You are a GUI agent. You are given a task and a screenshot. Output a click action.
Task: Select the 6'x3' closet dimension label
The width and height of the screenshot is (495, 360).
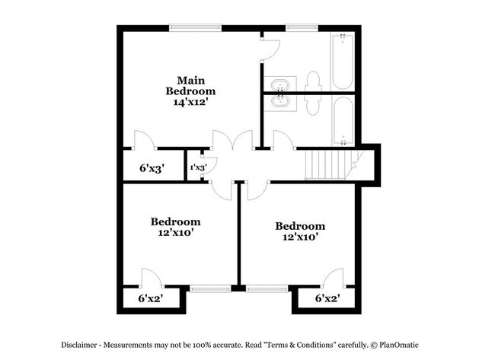(152, 167)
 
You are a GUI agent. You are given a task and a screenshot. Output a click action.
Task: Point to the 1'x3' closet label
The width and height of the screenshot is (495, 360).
(197, 167)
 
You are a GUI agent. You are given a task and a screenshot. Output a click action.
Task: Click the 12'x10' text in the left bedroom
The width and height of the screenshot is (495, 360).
(175, 233)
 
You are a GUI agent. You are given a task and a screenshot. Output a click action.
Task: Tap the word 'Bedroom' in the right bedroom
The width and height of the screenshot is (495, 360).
(300, 226)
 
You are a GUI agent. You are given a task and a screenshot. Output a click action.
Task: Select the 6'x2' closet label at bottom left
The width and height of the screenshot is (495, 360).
(150, 298)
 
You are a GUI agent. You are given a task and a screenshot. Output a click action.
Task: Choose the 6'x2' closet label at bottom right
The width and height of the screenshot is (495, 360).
(326, 298)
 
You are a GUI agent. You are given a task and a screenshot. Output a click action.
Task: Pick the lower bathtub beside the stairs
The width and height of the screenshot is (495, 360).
(343, 120)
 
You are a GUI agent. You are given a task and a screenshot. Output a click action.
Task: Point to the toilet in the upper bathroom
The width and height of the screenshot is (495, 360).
(311, 79)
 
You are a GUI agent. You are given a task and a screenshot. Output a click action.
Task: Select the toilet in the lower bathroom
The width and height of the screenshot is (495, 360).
(311, 104)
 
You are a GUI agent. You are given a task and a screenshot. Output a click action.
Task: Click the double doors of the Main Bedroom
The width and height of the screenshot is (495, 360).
(232, 142)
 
